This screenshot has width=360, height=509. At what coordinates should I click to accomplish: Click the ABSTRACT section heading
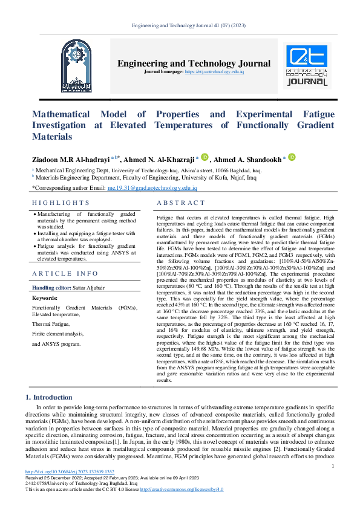pyautogui.click(x=181, y=203)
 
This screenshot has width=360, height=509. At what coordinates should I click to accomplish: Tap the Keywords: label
pyautogui.click(x=44, y=298)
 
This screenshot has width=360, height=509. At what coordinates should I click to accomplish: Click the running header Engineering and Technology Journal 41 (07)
pyautogui.click(x=180, y=25)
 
